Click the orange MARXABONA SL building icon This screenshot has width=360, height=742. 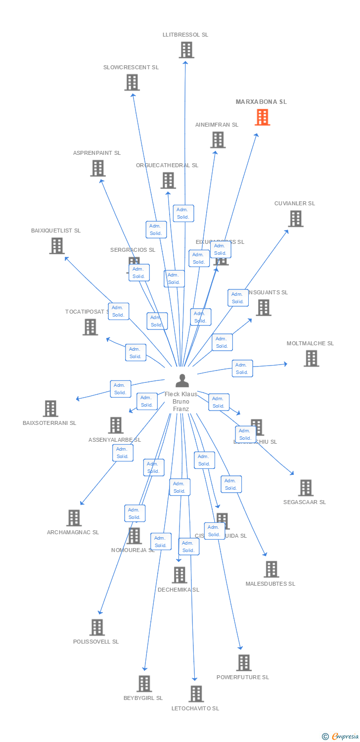262,118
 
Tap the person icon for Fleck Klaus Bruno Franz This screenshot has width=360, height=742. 182,380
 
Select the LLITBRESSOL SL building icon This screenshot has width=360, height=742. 186,50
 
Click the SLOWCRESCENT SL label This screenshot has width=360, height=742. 131,67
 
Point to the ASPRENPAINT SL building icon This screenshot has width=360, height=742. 98,168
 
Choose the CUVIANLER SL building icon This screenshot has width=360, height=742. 295,219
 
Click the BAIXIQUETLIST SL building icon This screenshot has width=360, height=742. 57,246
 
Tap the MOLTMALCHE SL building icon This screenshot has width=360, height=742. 311,358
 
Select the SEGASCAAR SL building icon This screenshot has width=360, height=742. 306,488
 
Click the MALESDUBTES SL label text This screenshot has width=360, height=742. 270,584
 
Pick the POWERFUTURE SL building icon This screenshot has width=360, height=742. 243,662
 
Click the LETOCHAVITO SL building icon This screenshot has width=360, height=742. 196,694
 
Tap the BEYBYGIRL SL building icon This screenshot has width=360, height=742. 144,684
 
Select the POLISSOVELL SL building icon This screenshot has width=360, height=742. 97,627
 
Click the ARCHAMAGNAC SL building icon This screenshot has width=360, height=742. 74,518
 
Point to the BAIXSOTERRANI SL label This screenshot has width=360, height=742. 49,423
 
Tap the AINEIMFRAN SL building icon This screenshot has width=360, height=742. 218,140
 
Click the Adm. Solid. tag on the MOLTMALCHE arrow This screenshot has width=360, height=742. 242,369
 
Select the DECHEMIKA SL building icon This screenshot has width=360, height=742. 179,575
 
